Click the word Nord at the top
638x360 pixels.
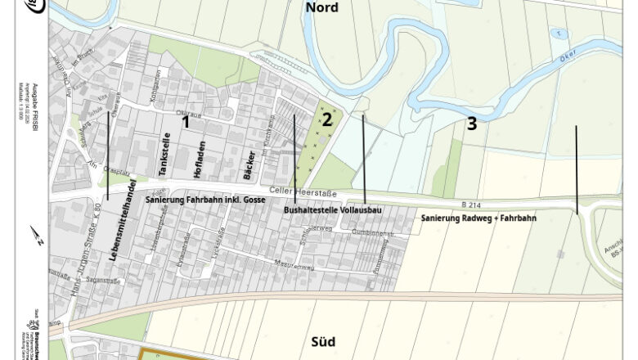pos(321,8)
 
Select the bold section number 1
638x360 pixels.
pos(186,122)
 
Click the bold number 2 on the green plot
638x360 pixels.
pos(327,119)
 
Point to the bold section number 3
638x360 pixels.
pos(471,124)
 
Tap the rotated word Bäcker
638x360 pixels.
pos(249,165)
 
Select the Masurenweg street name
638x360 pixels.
pos(295,266)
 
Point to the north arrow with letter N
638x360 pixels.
pos(37,236)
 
